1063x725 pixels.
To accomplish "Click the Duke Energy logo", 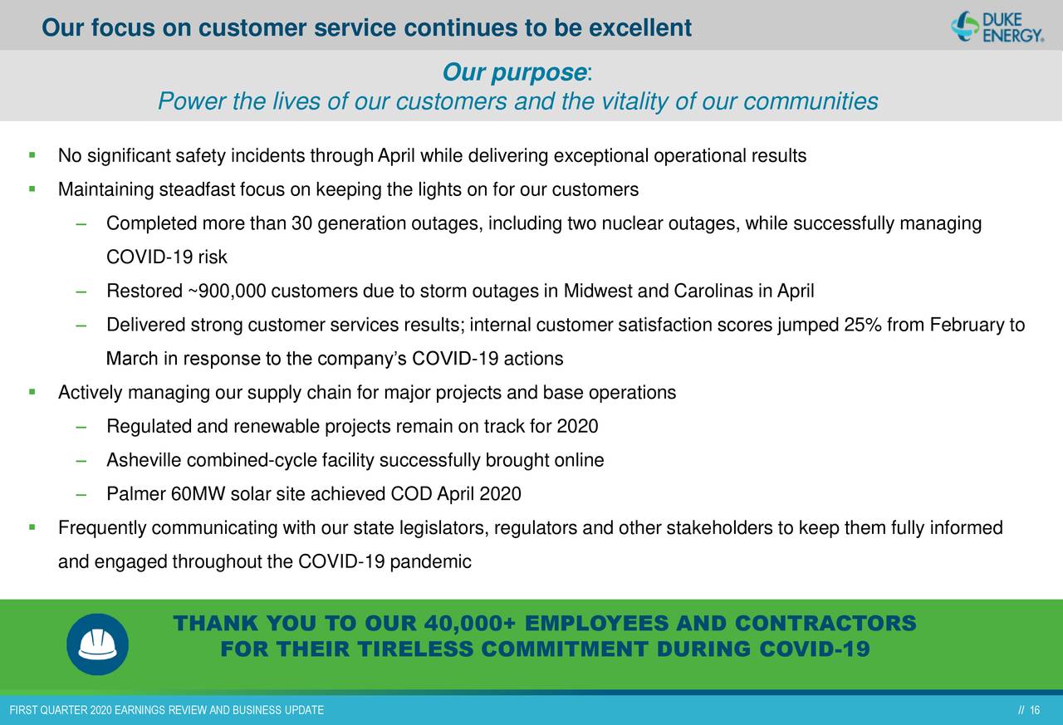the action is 997,27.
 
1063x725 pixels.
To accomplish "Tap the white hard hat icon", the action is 97,644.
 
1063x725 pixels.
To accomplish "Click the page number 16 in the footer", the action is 1035,710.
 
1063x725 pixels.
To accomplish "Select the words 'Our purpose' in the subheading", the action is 514,72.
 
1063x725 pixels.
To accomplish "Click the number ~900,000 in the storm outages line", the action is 227,291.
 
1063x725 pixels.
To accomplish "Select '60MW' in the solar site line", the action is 198,493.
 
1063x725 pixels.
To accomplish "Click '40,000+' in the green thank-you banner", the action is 470,623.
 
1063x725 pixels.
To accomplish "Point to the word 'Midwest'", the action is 598,291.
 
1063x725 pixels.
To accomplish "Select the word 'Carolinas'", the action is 713,291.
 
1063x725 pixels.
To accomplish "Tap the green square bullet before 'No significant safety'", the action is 32,154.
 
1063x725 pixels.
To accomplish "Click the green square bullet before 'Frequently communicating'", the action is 32,527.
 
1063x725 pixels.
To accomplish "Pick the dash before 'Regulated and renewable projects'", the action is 81,427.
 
